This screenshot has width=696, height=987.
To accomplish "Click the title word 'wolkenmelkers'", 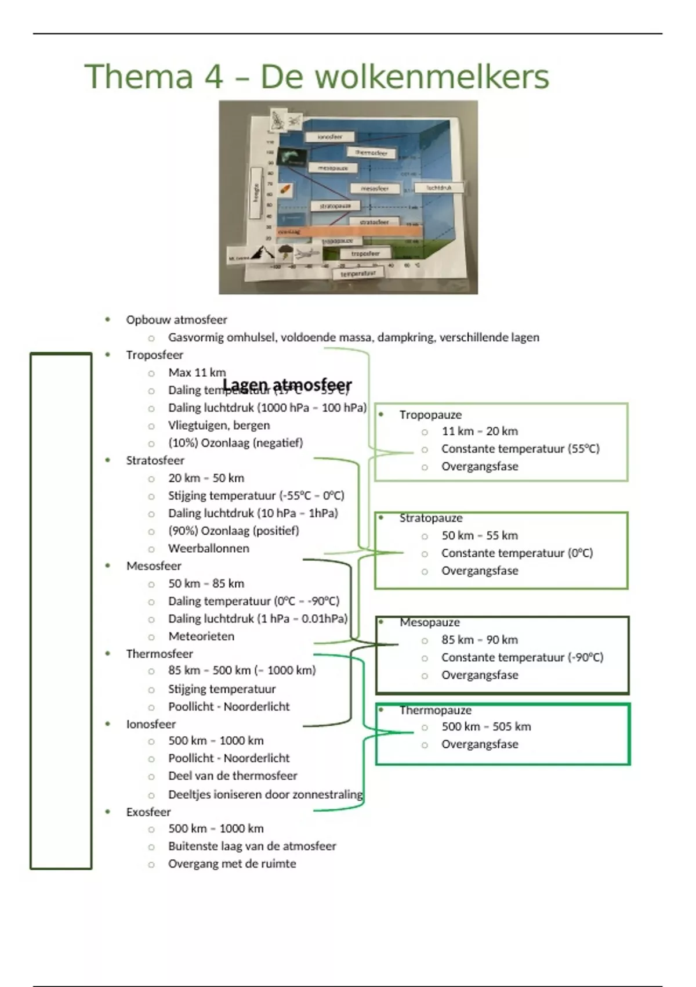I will click(404, 77).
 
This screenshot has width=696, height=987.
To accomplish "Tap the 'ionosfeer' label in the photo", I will click(329, 137).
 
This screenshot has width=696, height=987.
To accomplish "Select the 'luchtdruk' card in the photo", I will click(439, 188).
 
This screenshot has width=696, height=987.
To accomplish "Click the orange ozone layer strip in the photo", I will click(348, 231).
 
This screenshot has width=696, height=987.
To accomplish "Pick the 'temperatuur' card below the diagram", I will click(358, 273).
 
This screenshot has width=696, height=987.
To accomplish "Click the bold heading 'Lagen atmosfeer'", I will click(287, 385).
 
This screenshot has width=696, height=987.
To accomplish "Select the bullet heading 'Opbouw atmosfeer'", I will click(176, 320).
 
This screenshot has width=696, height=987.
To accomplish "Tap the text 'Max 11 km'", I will click(197, 373).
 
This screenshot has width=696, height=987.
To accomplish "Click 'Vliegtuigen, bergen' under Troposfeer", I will click(219, 425).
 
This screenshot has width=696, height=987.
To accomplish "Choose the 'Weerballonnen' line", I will click(208, 548).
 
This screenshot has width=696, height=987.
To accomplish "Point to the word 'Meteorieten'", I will click(201, 636).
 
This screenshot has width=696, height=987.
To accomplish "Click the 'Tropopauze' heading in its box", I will click(430, 415).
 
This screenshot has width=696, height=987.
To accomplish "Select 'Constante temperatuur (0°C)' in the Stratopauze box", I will click(517, 553).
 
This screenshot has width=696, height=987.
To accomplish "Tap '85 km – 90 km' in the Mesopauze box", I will click(479, 640).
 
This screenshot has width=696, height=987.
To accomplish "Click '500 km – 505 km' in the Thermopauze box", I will click(486, 727).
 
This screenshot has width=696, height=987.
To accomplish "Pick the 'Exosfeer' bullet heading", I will click(148, 812).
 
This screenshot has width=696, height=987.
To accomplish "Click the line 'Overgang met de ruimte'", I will click(232, 864).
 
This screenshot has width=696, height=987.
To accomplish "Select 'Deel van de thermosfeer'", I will click(233, 776).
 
